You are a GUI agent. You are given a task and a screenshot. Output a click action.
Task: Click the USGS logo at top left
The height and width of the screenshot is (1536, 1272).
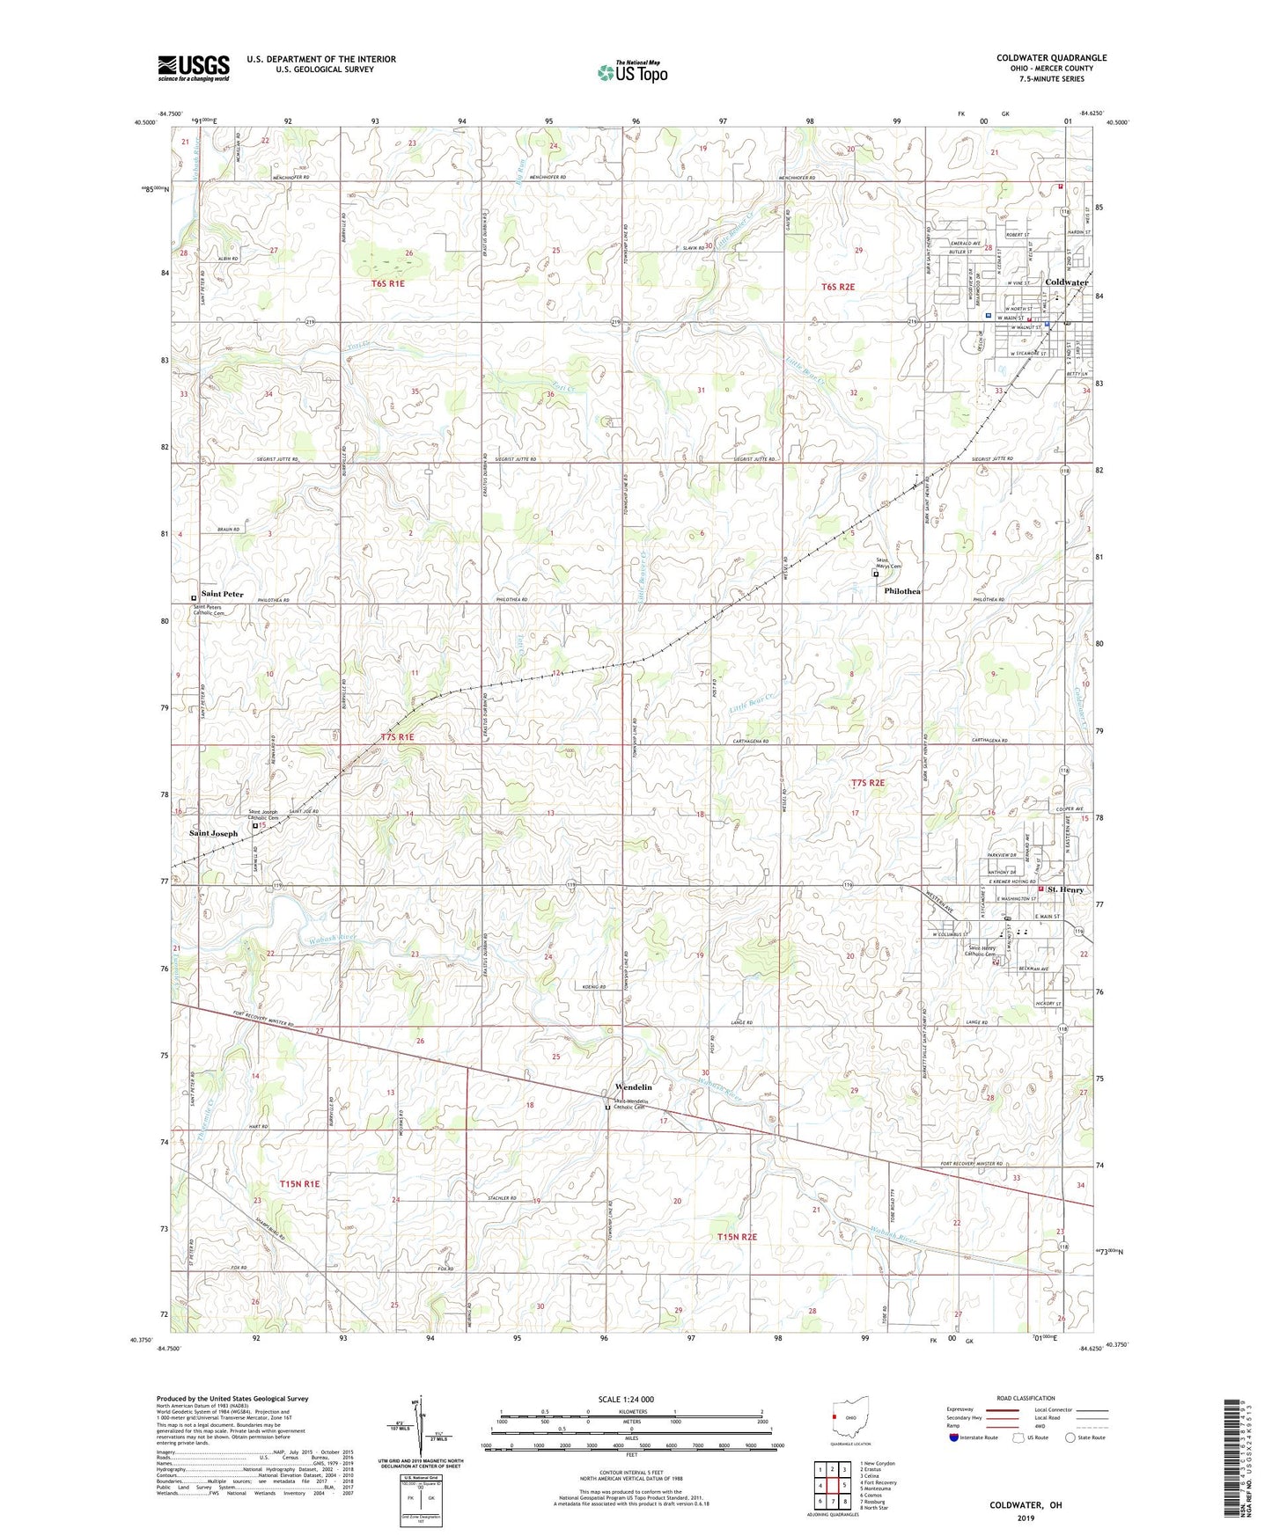[x=194, y=68]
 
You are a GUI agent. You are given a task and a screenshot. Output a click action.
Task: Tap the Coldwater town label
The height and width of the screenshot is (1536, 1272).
[x=1066, y=282]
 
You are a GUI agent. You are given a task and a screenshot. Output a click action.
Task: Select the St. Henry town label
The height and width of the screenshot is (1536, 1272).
[x=1065, y=890]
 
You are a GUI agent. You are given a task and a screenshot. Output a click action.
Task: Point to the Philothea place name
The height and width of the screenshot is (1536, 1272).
[x=902, y=591]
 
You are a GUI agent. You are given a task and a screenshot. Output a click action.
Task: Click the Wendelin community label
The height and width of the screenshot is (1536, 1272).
[x=633, y=1087]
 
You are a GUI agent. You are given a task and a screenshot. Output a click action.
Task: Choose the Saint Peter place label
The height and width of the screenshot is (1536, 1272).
[x=222, y=594]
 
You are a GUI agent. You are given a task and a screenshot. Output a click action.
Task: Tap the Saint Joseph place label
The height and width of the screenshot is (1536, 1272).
[x=214, y=833]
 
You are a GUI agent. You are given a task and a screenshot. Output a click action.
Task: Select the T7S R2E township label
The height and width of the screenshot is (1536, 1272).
[x=867, y=782]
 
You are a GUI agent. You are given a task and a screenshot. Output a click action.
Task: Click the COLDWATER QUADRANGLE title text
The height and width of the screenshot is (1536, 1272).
[x=1051, y=58]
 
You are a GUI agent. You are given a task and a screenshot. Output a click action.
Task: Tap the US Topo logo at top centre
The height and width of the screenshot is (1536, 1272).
[x=631, y=72]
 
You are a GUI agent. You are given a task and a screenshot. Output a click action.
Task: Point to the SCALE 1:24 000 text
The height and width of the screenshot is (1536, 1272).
[x=627, y=1399]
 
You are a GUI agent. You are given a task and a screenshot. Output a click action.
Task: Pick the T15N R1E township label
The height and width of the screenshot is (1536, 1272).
[x=299, y=1184]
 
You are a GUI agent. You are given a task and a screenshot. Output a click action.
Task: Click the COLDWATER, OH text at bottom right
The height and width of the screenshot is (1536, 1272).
[x=1026, y=1505]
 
